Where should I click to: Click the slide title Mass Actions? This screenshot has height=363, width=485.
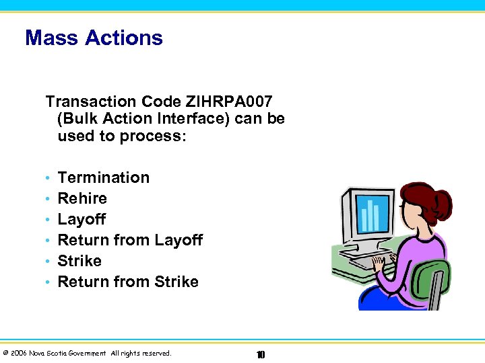click(x=94, y=38)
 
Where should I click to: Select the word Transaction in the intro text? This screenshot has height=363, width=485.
click(x=90, y=102)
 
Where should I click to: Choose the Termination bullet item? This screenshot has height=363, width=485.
click(x=104, y=177)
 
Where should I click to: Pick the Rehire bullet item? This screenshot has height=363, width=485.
click(x=82, y=198)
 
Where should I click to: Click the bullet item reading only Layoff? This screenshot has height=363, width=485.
click(x=82, y=219)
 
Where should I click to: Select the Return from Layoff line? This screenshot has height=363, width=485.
click(x=130, y=240)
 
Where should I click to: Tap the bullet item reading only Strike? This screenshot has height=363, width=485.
click(x=79, y=261)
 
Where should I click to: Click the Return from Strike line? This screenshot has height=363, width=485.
click(x=128, y=282)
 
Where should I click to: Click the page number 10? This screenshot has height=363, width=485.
click(x=261, y=354)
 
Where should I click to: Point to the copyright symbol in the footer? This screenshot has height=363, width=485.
click(x=5, y=353)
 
